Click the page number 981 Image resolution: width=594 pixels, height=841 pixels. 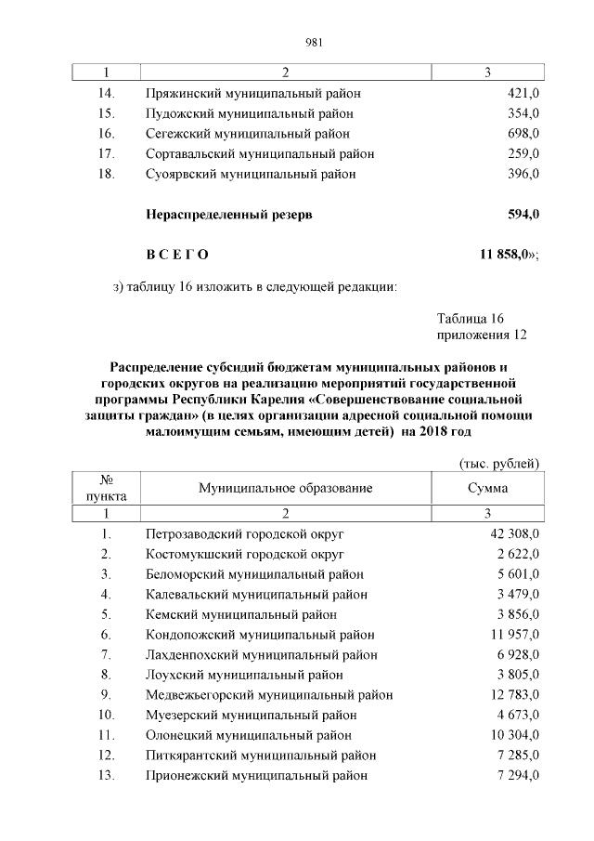(313, 42)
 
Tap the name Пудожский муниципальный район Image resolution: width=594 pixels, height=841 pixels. (249, 113)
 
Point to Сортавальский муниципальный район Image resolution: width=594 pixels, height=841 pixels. (260, 153)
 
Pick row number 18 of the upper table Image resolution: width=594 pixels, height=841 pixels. (105, 174)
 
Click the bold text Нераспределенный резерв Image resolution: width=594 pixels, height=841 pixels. (229, 215)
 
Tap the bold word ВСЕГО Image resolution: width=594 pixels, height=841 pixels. (177, 255)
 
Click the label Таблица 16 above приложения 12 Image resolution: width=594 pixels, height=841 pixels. (470, 318)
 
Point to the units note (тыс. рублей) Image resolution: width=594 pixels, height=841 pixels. (499, 464)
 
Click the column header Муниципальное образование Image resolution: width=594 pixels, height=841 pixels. (285, 488)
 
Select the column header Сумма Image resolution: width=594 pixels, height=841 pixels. (488, 488)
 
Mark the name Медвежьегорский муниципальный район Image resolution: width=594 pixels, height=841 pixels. (269, 695)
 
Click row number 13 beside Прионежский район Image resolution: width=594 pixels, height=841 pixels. (106, 775)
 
